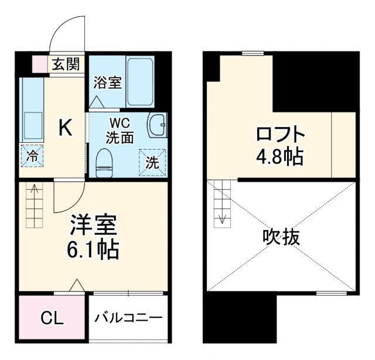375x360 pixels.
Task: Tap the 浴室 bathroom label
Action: click(x=108, y=83)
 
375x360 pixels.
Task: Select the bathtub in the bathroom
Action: click(x=140, y=82)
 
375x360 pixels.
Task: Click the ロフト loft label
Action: click(x=281, y=134)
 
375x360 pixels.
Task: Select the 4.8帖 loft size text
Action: click(x=281, y=157)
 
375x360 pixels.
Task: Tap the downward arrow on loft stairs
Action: click(x=223, y=220)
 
